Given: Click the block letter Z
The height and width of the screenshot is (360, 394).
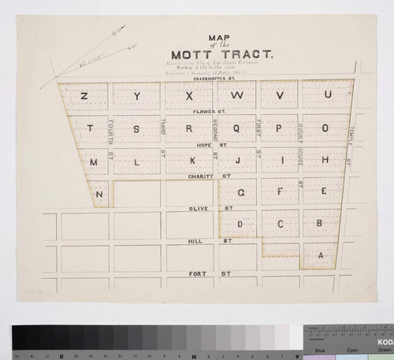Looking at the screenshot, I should pos(84,96).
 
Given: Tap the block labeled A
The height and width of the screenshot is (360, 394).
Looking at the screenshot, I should pos(320,256).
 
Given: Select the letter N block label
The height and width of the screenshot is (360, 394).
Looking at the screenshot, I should pos(99,194).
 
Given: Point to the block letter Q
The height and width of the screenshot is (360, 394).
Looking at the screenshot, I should pos(236,128).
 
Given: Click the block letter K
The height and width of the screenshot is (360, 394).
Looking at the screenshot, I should pos(191,161).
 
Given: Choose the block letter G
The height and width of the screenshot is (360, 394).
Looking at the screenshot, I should pos(242,192).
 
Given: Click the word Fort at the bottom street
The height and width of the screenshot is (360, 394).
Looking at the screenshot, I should pos(197,273).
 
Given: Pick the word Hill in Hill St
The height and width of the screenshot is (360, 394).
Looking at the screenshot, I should pos(196,241).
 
